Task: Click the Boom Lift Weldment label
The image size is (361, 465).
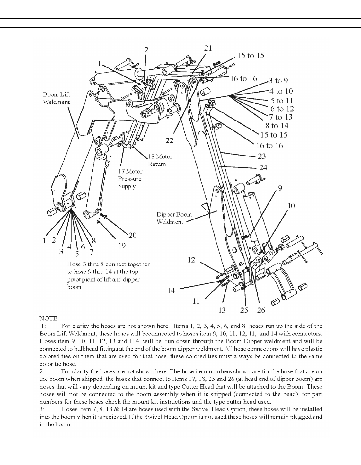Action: pos(57,98)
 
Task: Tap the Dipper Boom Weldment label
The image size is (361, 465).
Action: pos(174,218)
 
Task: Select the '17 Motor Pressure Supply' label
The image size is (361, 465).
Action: pos(130,179)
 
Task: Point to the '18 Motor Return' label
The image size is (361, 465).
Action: pos(160,160)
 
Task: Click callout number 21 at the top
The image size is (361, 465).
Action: pos(208,48)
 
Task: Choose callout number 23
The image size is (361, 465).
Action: pos(262,156)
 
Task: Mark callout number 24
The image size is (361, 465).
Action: pos(263,168)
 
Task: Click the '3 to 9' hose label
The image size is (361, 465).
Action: pos(278,81)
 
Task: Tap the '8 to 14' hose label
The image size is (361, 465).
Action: pos(279,126)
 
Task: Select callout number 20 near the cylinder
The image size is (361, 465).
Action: pos(132,235)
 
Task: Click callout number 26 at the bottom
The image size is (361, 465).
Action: pos(261,310)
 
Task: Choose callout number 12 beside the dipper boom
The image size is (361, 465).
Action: pos(191,260)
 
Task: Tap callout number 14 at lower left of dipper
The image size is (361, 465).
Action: pos(171,291)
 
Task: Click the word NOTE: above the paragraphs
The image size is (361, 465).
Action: pos(49,318)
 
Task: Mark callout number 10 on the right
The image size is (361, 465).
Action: pos(291,205)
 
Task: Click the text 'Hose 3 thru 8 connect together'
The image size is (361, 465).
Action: pos(108,264)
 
